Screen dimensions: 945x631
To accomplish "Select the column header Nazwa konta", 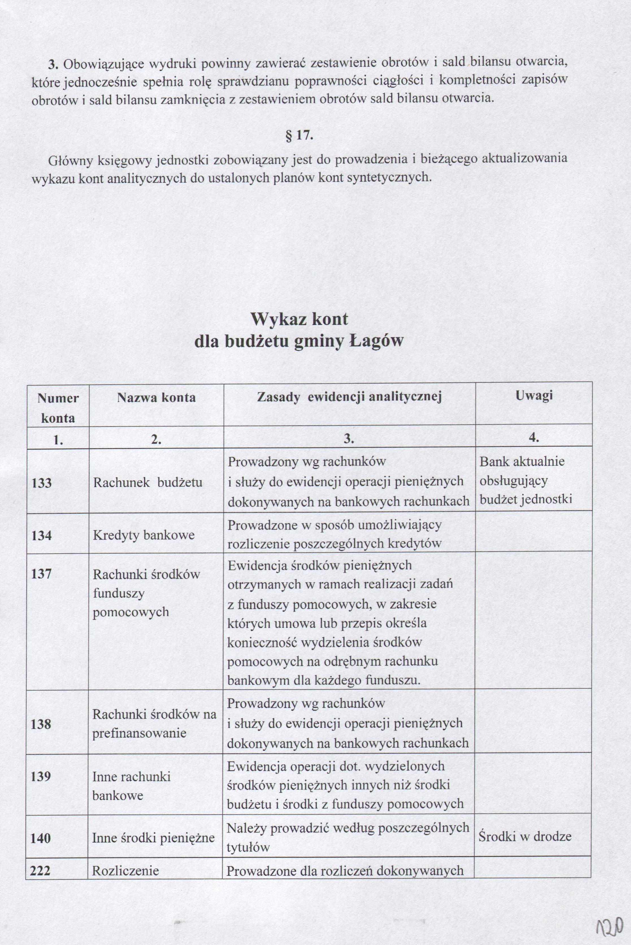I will (x=156, y=398).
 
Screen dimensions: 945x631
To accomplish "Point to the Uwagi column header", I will (x=534, y=395).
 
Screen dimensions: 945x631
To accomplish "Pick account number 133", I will (x=42, y=482).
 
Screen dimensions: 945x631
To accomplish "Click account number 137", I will (x=42, y=574).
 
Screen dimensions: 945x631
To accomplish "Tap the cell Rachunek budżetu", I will (x=148, y=482).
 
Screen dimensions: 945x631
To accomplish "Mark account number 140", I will (x=41, y=838).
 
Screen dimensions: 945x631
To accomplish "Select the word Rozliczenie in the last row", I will (x=125, y=871).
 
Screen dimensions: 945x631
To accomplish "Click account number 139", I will (x=41, y=776).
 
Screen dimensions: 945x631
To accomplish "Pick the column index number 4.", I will (x=534, y=438).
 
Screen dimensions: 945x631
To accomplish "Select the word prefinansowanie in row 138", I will (x=139, y=733).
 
